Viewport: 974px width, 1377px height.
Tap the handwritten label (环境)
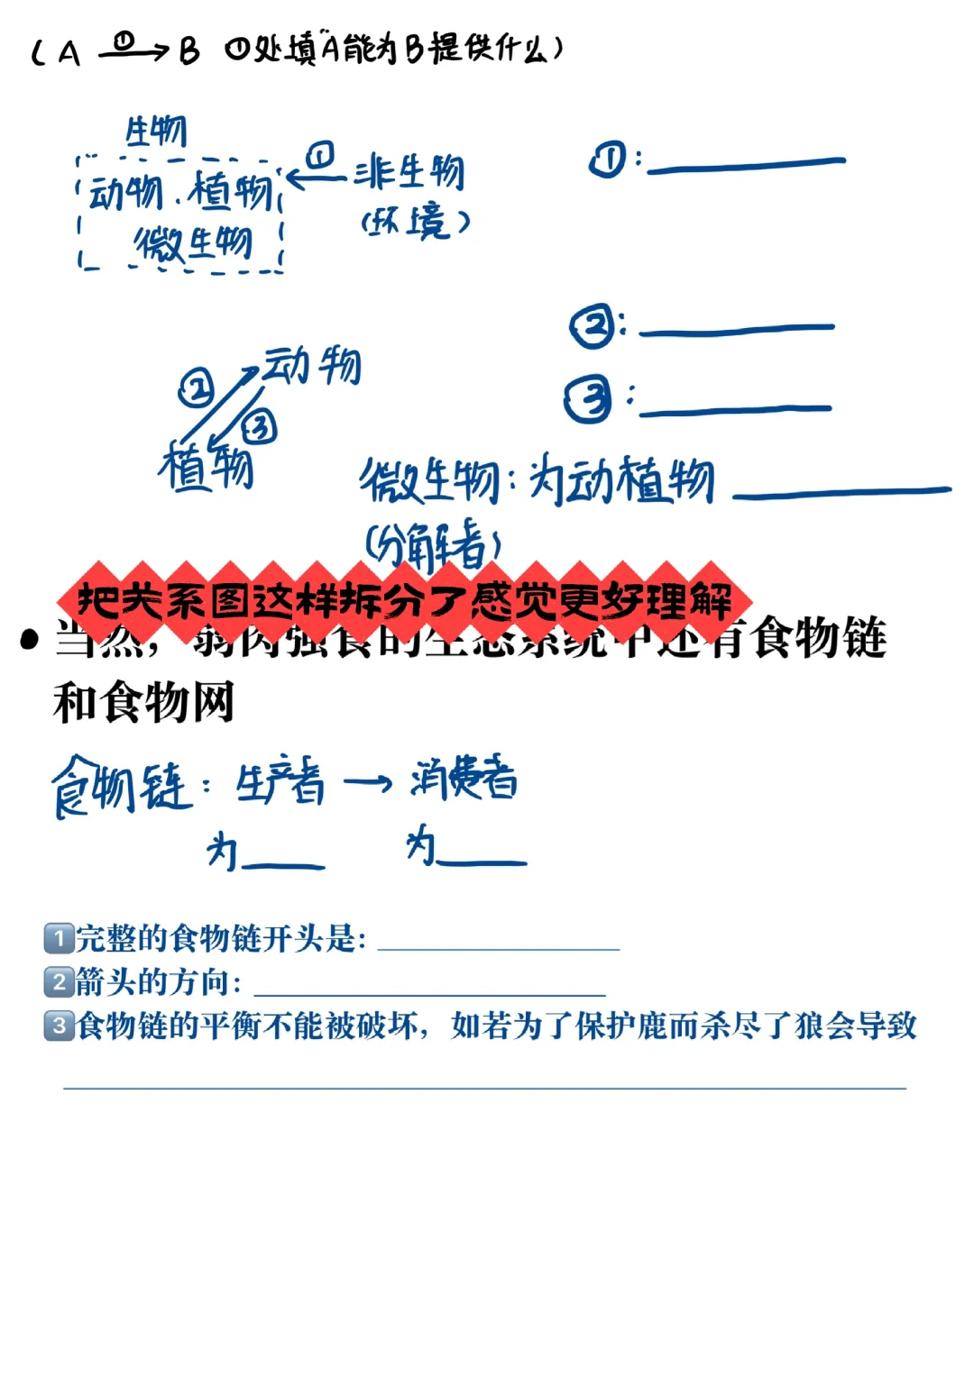click(x=416, y=222)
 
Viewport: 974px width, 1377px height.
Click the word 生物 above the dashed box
click(x=156, y=132)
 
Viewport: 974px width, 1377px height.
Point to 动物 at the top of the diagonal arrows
click(x=312, y=365)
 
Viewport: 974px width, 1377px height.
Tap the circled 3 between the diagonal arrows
click(x=260, y=426)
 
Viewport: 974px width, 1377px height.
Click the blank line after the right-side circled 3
click(x=734, y=410)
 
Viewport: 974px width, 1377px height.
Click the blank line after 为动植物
click(x=841, y=492)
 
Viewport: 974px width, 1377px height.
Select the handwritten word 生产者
click(x=280, y=781)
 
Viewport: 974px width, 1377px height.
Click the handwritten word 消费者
click(x=464, y=778)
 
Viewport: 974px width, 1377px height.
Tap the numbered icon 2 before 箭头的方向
click(x=59, y=981)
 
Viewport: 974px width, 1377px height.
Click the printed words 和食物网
click(x=144, y=702)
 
